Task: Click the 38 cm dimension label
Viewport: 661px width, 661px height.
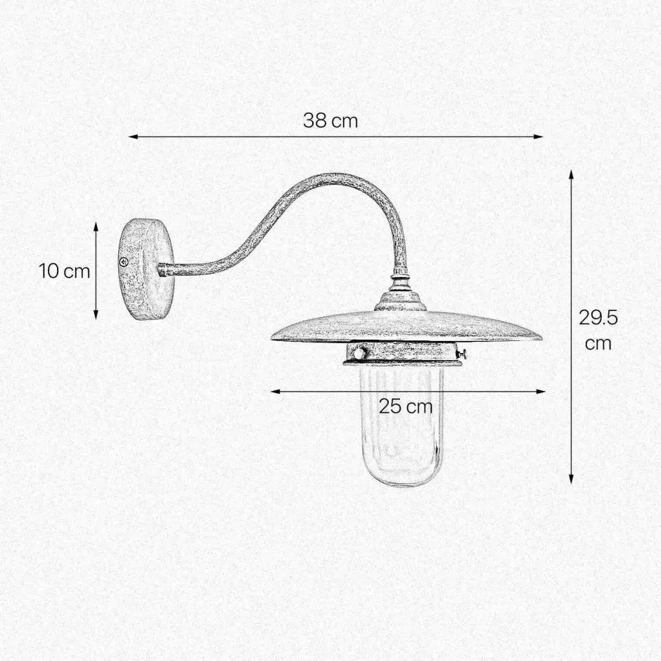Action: [x=330, y=121]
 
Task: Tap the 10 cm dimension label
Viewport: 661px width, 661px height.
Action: [x=65, y=271]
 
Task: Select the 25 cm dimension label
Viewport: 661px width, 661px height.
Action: [x=406, y=407]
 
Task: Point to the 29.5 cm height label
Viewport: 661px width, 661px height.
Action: [x=598, y=330]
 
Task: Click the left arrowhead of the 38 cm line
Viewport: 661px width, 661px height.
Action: [x=133, y=136]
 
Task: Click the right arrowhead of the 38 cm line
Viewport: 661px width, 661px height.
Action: [x=539, y=136]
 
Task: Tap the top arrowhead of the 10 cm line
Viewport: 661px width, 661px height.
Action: [x=96, y=227]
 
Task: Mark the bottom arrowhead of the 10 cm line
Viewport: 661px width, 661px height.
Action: [x=96, y=314]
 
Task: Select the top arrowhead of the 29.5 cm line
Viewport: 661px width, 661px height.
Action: [x=571, y=175]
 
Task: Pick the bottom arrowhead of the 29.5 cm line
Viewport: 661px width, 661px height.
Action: [x=571, y=478]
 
